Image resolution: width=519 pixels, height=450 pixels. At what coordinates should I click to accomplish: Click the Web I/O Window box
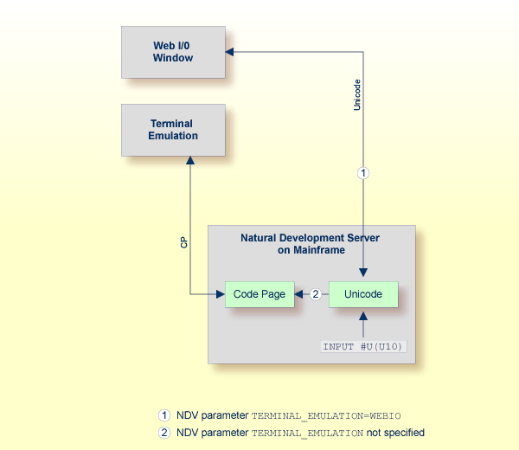pyautogui.click(x=173, y=52)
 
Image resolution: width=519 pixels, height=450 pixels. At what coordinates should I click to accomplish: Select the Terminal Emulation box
pyautogui.click(x=173, y=130)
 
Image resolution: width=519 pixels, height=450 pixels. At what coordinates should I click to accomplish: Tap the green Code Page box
pyautogui.click(x=259, y=294)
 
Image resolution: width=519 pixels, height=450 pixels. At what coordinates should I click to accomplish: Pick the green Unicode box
pyautogui.click(x=363, y=294)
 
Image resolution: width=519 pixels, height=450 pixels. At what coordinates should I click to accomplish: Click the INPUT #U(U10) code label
pyautogui.click(x=363, y=347)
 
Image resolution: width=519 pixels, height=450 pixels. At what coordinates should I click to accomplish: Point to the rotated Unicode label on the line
pyautogui.click(x=357, y=95)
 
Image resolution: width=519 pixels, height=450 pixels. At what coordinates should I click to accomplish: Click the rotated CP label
pyautogui.click(x=184, y=243)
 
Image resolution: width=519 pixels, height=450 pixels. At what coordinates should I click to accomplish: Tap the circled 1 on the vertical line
pyautogui.click(x=363, y=173)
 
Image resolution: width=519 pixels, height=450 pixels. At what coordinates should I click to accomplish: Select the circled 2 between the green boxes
pyautogui.click(x=316, y=294)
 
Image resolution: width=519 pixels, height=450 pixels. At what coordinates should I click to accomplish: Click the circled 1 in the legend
pyautogui.click(x=163, y=415)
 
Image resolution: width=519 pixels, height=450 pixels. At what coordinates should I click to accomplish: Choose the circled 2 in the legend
pyautogui.click(x=163, y=432)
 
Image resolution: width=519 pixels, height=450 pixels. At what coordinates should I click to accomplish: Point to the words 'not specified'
pyautogui.click(x=396, y=433)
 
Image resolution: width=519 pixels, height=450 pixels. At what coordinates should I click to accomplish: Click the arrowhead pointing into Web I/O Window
pyautogui.click(x=231, y=52)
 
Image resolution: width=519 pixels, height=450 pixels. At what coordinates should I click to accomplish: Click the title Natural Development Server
pyautogui.click(x=310, y=237)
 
